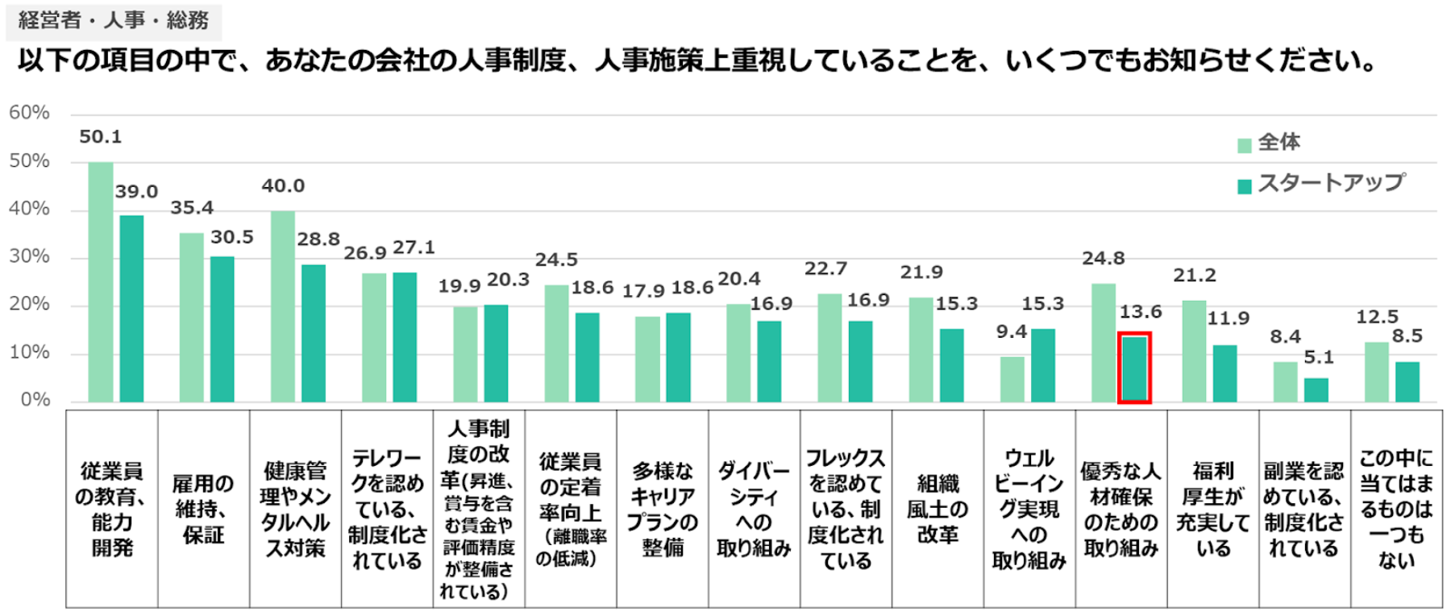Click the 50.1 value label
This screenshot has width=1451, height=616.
101,137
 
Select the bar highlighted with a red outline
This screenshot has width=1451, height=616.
1134,368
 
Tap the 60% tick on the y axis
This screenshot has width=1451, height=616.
30,113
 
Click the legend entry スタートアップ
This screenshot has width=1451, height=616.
1331,183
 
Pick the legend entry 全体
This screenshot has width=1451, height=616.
1278,143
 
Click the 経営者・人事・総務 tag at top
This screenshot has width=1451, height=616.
114,20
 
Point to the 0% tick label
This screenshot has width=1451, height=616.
35,400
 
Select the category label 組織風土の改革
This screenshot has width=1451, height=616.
938,509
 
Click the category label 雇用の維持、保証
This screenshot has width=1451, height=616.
203,509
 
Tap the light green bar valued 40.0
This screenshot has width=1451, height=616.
283,306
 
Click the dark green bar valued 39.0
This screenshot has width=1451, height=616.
131,309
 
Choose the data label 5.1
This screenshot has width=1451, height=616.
1319,357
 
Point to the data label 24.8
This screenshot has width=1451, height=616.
1103,259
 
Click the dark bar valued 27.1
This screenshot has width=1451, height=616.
405,337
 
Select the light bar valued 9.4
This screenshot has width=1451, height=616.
1012,379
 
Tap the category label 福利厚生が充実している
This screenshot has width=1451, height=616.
1213,509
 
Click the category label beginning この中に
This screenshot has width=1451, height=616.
1396,509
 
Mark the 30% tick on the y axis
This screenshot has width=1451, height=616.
30,257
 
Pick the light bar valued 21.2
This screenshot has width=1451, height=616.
1194,352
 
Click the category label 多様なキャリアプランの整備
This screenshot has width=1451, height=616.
663,509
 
